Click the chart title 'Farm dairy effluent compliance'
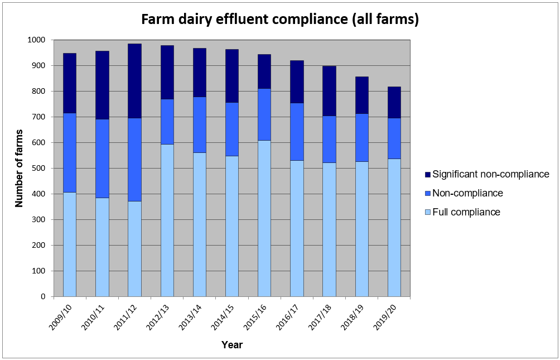point(279,20)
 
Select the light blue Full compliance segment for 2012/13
point(167,220)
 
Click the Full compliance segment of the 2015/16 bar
point(264,218)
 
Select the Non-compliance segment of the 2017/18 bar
point(329,139)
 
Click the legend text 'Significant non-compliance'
point(491,174)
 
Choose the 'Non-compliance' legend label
point(467,193)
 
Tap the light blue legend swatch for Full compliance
point(427,212)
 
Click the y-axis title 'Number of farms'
point(20,168)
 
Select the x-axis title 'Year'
point(231,345)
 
